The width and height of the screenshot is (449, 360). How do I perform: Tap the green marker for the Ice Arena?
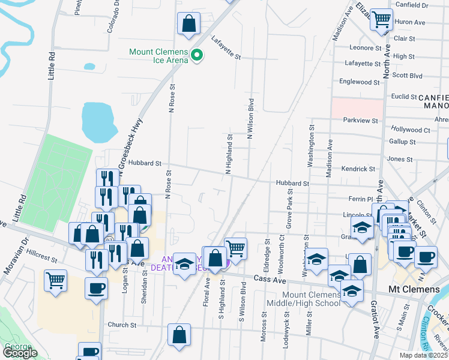coord(196,56)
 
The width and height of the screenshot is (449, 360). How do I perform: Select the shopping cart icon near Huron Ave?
coord(381,20)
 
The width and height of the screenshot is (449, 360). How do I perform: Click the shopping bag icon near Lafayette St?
coord(188,24)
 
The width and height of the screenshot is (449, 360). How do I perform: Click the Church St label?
coord(123,325)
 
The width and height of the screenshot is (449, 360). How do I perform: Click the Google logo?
coord(20,353)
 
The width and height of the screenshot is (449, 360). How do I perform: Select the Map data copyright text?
coord(421,355)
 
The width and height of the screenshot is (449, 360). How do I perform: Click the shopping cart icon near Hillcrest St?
coord(55,280)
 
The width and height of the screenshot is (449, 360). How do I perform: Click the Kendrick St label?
coord(358,170)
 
